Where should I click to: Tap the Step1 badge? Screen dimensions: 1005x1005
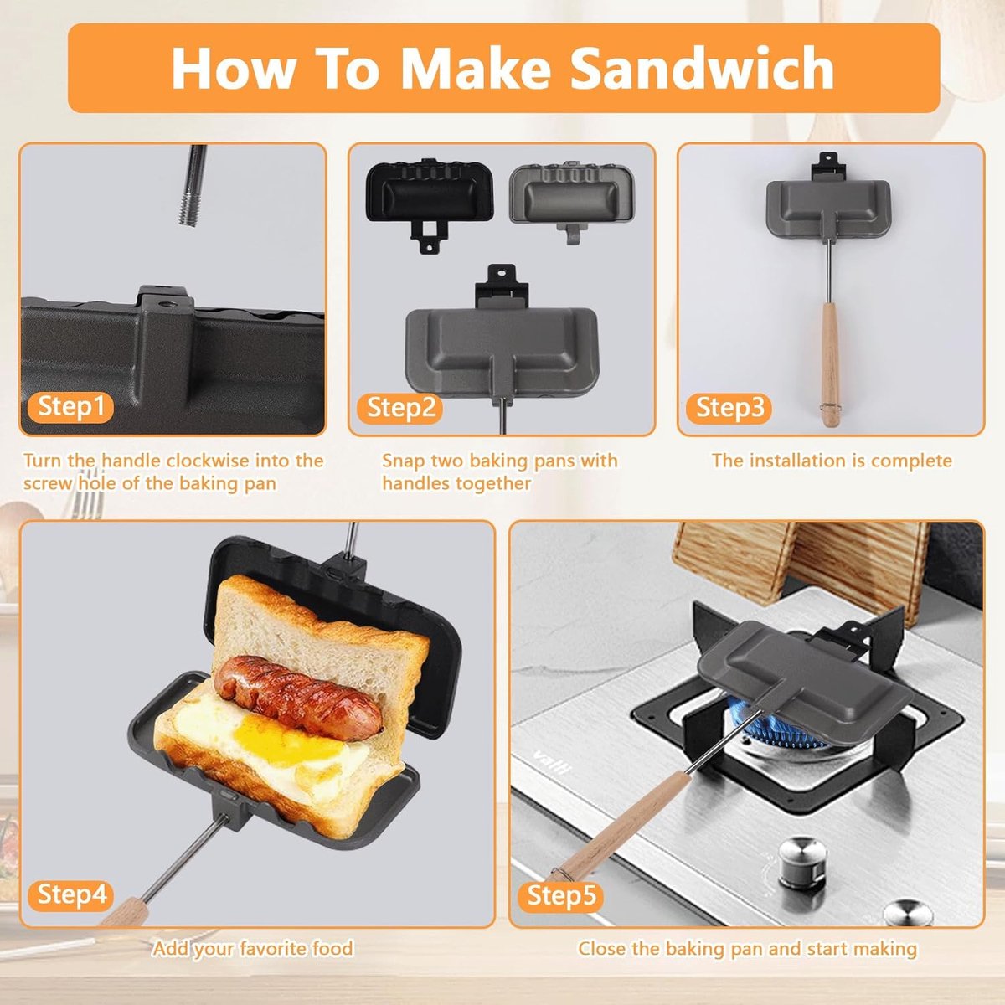(71, 407)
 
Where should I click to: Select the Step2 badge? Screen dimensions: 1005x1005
(401, 408)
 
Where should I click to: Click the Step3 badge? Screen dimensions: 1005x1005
(729, 408)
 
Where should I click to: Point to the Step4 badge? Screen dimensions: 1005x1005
(72, 894)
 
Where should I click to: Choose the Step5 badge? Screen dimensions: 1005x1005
(561, 895)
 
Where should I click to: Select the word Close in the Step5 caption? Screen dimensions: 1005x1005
(601, 949)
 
